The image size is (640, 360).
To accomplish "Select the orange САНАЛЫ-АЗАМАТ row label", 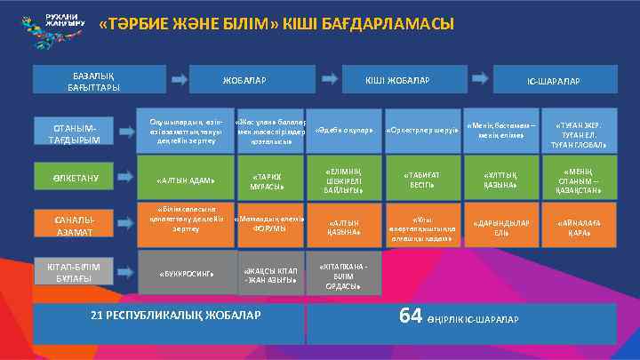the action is click(76, 224).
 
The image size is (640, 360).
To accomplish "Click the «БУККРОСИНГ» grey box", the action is click(186, 273).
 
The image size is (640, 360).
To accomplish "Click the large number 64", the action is click(410, 316).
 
